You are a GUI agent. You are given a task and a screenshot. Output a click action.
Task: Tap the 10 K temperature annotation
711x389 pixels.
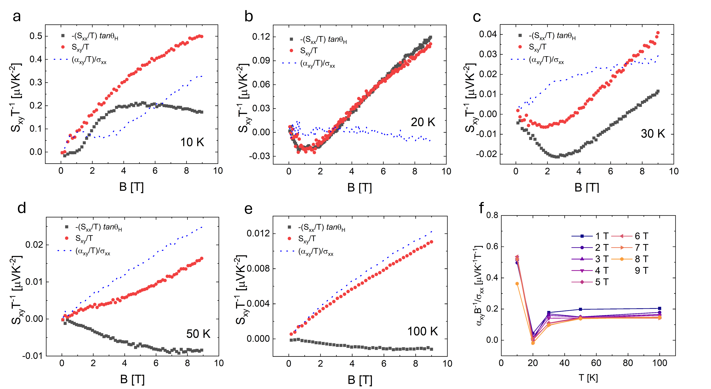tap(192, 142)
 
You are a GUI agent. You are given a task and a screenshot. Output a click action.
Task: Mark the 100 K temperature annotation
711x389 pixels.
tap(423, 331)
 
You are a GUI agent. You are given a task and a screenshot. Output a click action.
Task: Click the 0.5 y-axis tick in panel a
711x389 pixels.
tap(36, 36)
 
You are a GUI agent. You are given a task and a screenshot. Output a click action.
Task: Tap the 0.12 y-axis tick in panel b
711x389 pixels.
tap(261, 37)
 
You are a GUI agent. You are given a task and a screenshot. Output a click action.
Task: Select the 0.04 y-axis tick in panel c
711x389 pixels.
tap(488, 34)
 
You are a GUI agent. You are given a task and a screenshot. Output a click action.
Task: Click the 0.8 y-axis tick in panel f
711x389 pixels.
tap(492, 215)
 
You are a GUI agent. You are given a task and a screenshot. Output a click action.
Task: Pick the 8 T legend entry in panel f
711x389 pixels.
tap(630, 259)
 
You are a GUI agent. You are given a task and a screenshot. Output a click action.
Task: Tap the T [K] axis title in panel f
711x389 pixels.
tap(588, 378)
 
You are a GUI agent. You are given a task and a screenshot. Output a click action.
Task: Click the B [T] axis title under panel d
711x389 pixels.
tap(132, 380)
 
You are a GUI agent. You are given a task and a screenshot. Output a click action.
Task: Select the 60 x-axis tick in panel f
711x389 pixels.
tap(596, 363)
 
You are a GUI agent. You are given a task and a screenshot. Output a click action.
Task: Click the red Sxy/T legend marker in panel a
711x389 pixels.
tap(63, 47)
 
